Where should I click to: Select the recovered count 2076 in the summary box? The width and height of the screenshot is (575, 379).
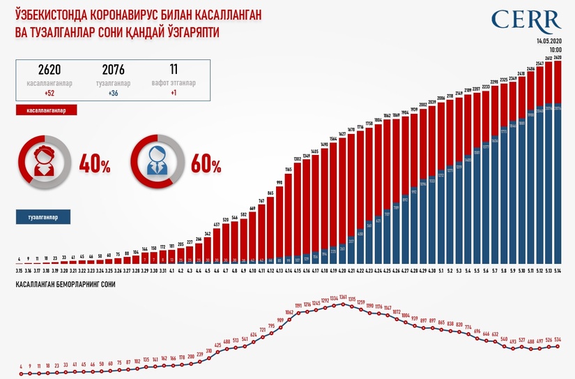pos(112,70)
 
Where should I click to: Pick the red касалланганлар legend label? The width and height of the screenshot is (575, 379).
pos(45,110)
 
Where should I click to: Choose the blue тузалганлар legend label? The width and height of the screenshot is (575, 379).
pos(43,217)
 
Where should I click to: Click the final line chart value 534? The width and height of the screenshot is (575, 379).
pos(558,339)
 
